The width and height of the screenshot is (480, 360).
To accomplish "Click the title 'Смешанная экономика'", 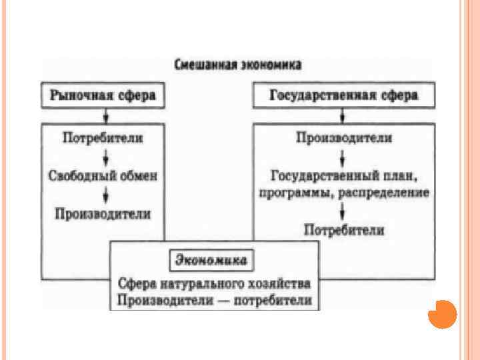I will click(238, 65).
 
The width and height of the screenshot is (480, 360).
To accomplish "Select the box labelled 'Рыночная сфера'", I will click(103, 95).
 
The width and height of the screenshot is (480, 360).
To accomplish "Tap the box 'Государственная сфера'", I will click(343, 95).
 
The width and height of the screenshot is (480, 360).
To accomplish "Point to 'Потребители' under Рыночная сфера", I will click(103, 139).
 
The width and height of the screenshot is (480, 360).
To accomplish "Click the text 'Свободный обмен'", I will click(103, 175).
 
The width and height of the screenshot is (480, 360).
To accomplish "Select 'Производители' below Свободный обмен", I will click(103, 213).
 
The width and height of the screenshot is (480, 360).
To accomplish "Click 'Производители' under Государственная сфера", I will click(343, 139).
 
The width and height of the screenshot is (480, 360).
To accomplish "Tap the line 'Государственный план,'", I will click(343, 176).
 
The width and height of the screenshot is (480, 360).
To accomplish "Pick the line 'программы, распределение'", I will click(343, 193).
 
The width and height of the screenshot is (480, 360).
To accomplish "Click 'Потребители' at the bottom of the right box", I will click(343, 230).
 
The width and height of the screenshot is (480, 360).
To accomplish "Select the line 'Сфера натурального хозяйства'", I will click(215, 283).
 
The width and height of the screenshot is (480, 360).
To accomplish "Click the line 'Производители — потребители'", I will click(215, 299).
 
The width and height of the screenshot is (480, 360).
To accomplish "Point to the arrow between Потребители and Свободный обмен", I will click(106, 157).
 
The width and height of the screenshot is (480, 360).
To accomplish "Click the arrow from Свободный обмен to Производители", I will click(106, 195).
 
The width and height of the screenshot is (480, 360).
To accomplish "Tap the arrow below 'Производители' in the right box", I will click(343, 158).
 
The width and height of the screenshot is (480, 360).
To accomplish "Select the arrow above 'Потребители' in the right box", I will click(343, 212).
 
